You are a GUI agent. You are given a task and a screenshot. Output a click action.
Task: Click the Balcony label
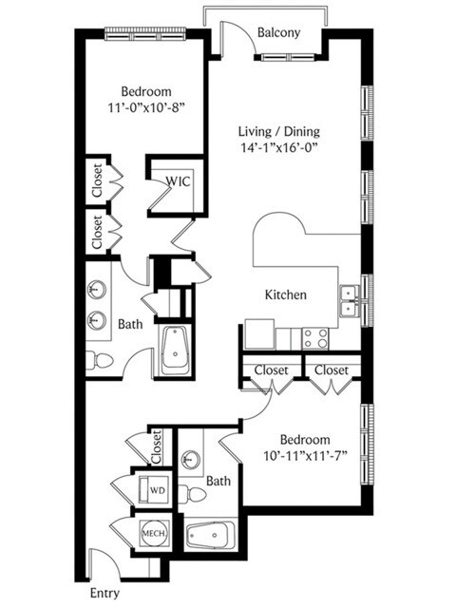point(278,32)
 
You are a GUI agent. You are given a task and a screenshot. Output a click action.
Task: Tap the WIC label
point(178,181)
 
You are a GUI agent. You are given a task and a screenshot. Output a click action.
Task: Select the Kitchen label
point(285,294)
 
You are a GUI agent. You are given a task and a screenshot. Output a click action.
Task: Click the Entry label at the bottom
point(104,593)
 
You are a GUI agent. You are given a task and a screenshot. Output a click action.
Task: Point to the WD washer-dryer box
point(154,489)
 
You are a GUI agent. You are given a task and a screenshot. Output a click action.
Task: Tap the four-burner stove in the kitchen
point(315,338)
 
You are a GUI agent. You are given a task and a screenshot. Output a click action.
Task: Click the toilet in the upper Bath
point(99,361)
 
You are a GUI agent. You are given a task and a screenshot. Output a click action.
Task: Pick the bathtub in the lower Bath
point(211,536)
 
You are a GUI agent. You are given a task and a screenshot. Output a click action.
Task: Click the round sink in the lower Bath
point(190,459)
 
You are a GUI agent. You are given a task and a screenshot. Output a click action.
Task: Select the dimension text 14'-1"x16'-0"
point(278,148)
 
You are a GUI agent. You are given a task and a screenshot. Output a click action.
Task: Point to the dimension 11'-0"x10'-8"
point(146,107)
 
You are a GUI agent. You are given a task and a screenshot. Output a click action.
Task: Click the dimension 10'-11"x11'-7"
point(305,456)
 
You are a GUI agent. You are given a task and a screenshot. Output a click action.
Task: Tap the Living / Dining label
point(278,131)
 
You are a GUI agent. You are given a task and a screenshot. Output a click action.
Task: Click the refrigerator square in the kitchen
point(259,333)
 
